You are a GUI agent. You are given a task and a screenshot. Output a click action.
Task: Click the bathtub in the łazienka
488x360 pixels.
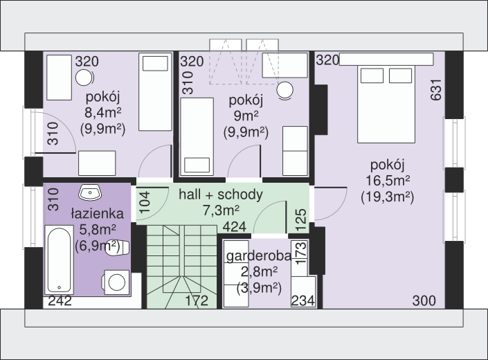pos(59,260)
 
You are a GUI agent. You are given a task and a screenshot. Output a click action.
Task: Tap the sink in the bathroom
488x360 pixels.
pos(90,192)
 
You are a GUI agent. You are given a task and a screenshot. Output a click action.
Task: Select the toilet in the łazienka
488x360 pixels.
pos(118,248)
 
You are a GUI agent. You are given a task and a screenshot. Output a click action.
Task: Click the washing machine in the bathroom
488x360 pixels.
pos(116,282)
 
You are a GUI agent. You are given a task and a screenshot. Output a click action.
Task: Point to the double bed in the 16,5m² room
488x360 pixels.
pos(386,104)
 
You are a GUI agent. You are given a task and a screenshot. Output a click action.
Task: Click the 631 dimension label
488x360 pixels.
pos(436,90)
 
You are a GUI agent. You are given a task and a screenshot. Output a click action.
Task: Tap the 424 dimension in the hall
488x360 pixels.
pos(235,227)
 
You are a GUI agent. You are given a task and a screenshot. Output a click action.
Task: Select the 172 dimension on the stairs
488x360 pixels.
pos(197,300)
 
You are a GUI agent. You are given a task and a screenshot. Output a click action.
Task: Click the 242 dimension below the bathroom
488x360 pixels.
pos(60,300)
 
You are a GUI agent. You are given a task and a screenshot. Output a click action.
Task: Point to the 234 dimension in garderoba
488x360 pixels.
pos(302,301)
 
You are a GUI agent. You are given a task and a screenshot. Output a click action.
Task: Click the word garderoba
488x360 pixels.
pos(259,255)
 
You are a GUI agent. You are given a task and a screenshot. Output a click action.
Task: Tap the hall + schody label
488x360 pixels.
pos(221,195)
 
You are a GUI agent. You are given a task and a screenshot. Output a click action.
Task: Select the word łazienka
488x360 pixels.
pos(98,213)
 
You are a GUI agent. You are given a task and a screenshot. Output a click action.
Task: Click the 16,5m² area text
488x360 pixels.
pos(388,181)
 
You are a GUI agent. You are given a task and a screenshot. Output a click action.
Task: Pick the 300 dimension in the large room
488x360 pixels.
pos(424,301)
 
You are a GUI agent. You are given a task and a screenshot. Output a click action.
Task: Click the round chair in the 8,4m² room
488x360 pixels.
pos(84,78)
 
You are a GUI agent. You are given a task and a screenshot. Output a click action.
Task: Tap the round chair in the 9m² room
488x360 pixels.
pos(285,91)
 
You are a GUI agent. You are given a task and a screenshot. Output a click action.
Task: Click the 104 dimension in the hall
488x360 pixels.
pos(145,203)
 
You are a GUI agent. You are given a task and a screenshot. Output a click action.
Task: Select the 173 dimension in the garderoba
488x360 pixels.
pos(301,253)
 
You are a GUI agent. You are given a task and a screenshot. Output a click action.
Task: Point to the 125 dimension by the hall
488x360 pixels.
pos(301,220)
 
